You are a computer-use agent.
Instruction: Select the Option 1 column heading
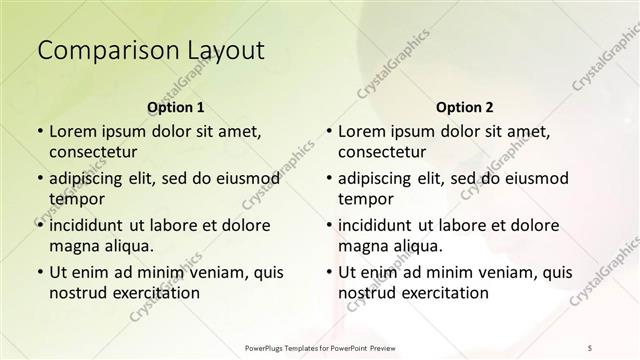[x=175, y=107]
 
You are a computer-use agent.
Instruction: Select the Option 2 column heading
[x=464, y=107]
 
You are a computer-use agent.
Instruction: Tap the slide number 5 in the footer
[x=591, y=347]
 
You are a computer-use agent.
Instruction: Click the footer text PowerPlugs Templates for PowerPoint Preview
[x=320, y=347]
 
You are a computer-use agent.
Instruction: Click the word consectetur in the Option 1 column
[x=93, y=152]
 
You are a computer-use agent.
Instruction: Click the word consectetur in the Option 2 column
[x=382, y=152]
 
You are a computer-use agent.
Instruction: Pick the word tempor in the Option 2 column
[x=366, y=198]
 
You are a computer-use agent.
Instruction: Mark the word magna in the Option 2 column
[x=363, y=245]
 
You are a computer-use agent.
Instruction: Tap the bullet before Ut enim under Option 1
[x=39, y=272]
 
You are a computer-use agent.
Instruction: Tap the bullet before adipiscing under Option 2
[x=328, y=178]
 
